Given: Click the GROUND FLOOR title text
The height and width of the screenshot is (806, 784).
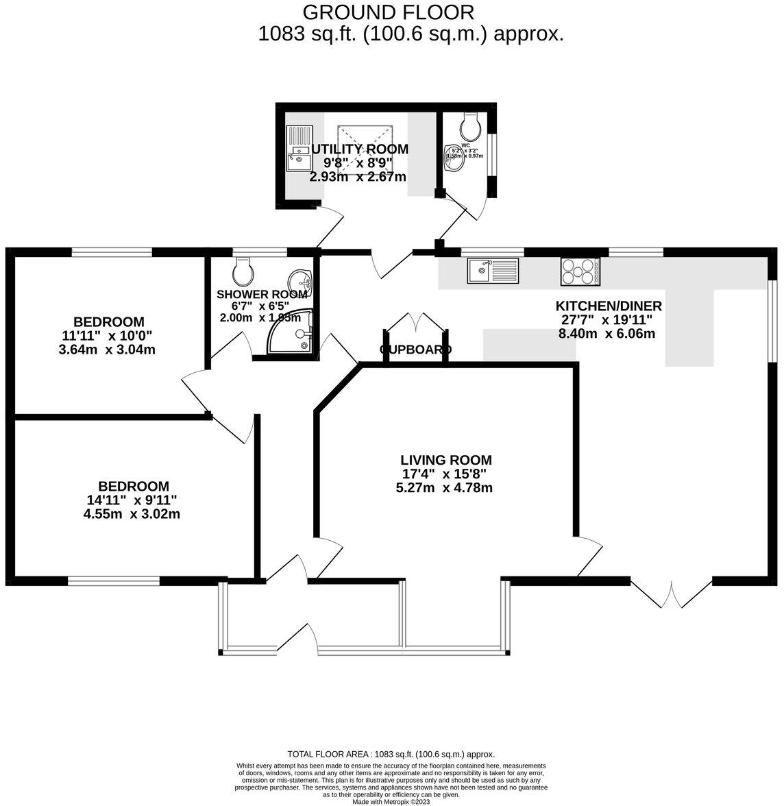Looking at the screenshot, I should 388,12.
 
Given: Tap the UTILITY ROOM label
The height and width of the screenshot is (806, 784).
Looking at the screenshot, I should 360,149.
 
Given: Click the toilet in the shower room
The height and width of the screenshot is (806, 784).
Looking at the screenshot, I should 243,272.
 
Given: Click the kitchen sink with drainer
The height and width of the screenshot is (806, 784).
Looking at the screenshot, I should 494,270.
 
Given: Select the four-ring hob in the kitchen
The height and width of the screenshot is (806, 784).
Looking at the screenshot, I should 580,271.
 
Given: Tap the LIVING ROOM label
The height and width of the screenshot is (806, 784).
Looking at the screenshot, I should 446,461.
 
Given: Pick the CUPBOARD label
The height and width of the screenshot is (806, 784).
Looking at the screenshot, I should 415,350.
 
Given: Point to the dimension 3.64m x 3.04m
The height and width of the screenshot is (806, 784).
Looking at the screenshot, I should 108,349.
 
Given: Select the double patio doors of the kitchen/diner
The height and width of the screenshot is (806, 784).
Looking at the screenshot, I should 672,594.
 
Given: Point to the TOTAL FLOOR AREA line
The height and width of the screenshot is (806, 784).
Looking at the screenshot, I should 391,753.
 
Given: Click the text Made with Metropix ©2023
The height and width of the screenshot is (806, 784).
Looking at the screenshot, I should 391,801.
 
